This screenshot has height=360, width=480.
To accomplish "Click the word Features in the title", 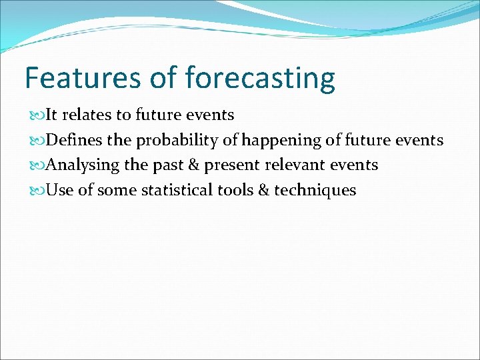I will (81, 78).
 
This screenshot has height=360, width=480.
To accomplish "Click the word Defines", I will (73, 140).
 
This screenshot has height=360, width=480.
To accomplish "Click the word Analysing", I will (84, 165).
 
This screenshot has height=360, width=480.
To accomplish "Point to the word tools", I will (235, 190).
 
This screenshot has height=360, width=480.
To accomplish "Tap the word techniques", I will (315, 190).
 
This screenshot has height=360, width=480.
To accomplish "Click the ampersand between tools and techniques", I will (263, 190).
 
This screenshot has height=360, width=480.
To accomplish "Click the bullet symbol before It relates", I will (33, 115).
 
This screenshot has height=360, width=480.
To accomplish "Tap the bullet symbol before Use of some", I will (33, 191).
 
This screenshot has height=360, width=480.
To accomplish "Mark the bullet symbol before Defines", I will (33, 141).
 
